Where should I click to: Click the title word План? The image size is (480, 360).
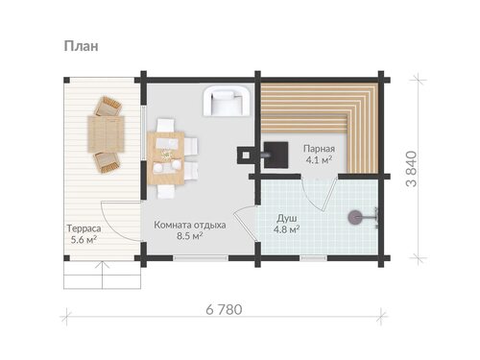81,46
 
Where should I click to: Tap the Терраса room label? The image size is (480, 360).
84,228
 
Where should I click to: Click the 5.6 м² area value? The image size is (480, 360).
84,240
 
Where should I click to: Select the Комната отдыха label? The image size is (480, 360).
190,225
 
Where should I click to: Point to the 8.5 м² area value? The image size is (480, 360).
190,236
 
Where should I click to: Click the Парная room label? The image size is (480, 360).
319,149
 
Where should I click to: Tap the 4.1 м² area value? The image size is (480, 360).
319,159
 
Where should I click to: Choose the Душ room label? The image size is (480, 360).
287,219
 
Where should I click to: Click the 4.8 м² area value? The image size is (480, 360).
286,229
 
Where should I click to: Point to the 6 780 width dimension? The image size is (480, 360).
224,310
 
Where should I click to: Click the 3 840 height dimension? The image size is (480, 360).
411,169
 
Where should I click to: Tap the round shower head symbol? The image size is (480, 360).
354,218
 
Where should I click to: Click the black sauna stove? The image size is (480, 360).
276,155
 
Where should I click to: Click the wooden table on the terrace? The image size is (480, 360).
107,134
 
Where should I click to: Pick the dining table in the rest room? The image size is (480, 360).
166,158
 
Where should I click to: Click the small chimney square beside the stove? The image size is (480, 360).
246,156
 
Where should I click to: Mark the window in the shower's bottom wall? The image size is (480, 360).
314,258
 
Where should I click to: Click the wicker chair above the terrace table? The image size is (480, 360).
108,107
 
